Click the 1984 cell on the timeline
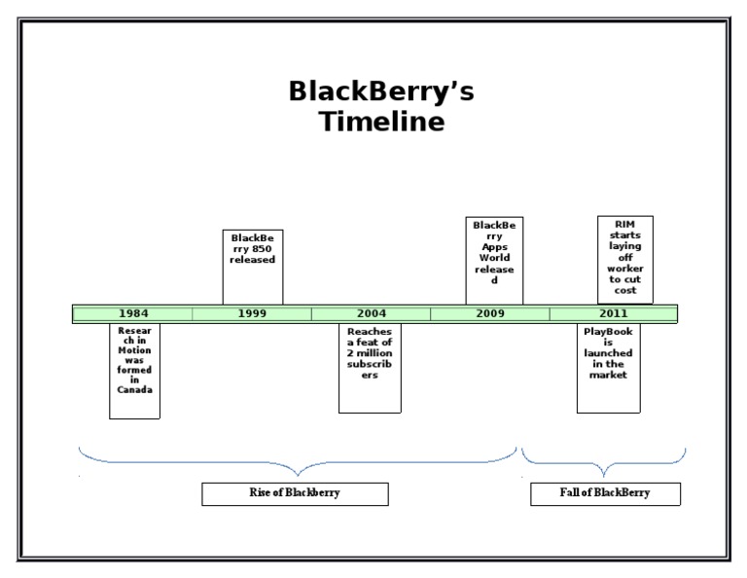(x=133, y=313)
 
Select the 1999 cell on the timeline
(x=252, y=313)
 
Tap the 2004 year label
(x=371, y=313)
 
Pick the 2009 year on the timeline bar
(x=489, y=313)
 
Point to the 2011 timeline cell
(x=613, y=313)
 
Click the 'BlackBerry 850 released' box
(x=253, y=266)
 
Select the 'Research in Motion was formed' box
(x=134, y=371)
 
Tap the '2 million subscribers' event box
(x=370, y=368)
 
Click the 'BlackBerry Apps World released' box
(x=494, y=260)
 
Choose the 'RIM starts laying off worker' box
(x=625, y=259)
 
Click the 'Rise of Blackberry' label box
(x=295, y=493)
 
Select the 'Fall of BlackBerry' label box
(x=605, y=493)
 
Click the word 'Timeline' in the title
(x=382, y=123)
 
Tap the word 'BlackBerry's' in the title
(x=381, y=91)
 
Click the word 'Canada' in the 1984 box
(x=134, y=389)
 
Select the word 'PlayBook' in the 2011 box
(x=608, y=332)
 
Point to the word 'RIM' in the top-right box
(x=625, y=224)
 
